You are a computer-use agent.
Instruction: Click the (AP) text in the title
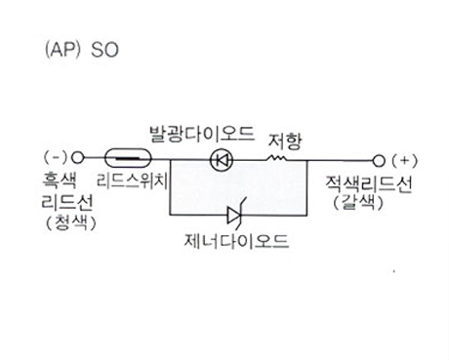(x=62, y=51)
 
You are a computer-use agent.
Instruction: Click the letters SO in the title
(x=104, y=51)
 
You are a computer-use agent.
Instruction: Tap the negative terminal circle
(x=77, y=158)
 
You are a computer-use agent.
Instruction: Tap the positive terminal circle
(x=379, y=161)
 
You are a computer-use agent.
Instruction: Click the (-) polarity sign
(x=56, y=158)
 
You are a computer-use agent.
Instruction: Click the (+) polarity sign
(x=405, y=161)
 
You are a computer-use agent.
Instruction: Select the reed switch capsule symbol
(x=128, y=158)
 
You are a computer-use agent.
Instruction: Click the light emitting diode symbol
(x=222, y=160)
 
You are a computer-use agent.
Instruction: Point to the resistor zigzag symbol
(x=277, y=158)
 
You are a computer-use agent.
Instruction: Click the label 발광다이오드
(x=202, y=134)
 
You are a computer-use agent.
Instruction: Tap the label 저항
(x=285, y=140)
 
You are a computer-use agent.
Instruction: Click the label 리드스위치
(x=133, y=180)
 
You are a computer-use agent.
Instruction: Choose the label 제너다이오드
(x=236, y=241)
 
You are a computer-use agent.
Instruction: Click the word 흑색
(x=60, y=180)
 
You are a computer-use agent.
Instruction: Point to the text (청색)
(x=71, y=222)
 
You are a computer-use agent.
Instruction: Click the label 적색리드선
(x=369, y=184)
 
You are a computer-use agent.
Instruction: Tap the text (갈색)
(x=358, y=203)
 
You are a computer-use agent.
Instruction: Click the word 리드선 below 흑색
(x=67, y=202)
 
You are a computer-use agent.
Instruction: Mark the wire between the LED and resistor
(x=250, y=160)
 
